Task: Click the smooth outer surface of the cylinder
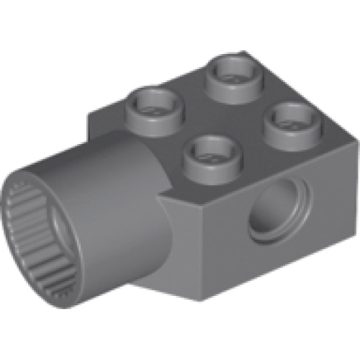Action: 108,187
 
